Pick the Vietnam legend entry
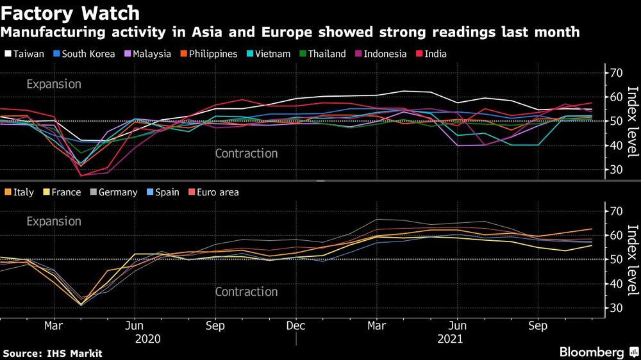(x=269, y=54)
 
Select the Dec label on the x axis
(x=296, y=325)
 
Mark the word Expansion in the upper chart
(x=54, y=84)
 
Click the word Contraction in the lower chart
(x=246, y=291)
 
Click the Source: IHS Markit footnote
(x=53, y=353)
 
